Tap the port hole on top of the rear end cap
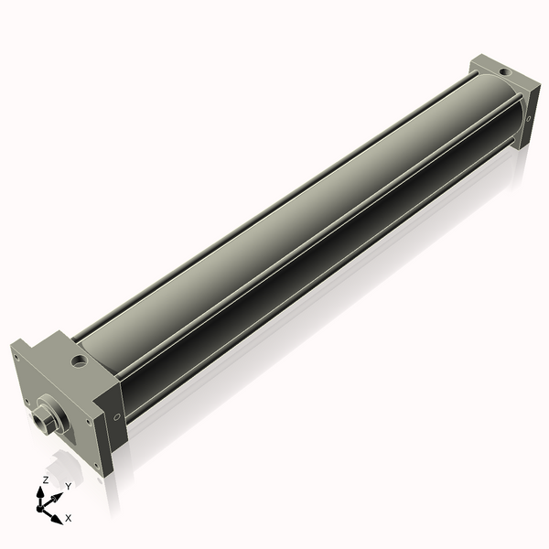coord(502,70)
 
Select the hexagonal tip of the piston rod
coord(40,422)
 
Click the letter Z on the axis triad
coord(46,479)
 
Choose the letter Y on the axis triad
coord(68,486)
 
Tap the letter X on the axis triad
coord(69,518)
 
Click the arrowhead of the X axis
coord(57,519)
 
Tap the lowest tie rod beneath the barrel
coord(329,293)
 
